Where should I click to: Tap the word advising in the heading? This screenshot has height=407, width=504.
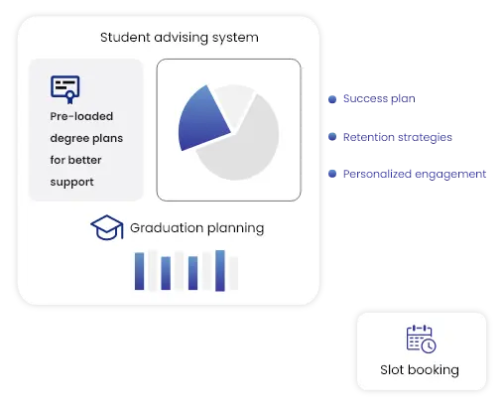click(180, 38)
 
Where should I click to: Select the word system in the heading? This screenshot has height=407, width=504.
click(234, 38)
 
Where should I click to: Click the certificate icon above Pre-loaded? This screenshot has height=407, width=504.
click(64, 89)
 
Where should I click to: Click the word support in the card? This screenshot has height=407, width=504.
click(71, 182)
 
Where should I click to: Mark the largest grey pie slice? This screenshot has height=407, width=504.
click(243, 144)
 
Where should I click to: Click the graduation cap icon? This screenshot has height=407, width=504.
click(106, 228)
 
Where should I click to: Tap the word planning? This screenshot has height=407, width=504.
click(234, 228)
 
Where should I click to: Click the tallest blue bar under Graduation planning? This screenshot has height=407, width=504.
click(220, 270)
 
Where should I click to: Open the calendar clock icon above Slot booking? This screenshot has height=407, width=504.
click(421, 339)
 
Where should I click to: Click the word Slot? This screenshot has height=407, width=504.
click(392, 370)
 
